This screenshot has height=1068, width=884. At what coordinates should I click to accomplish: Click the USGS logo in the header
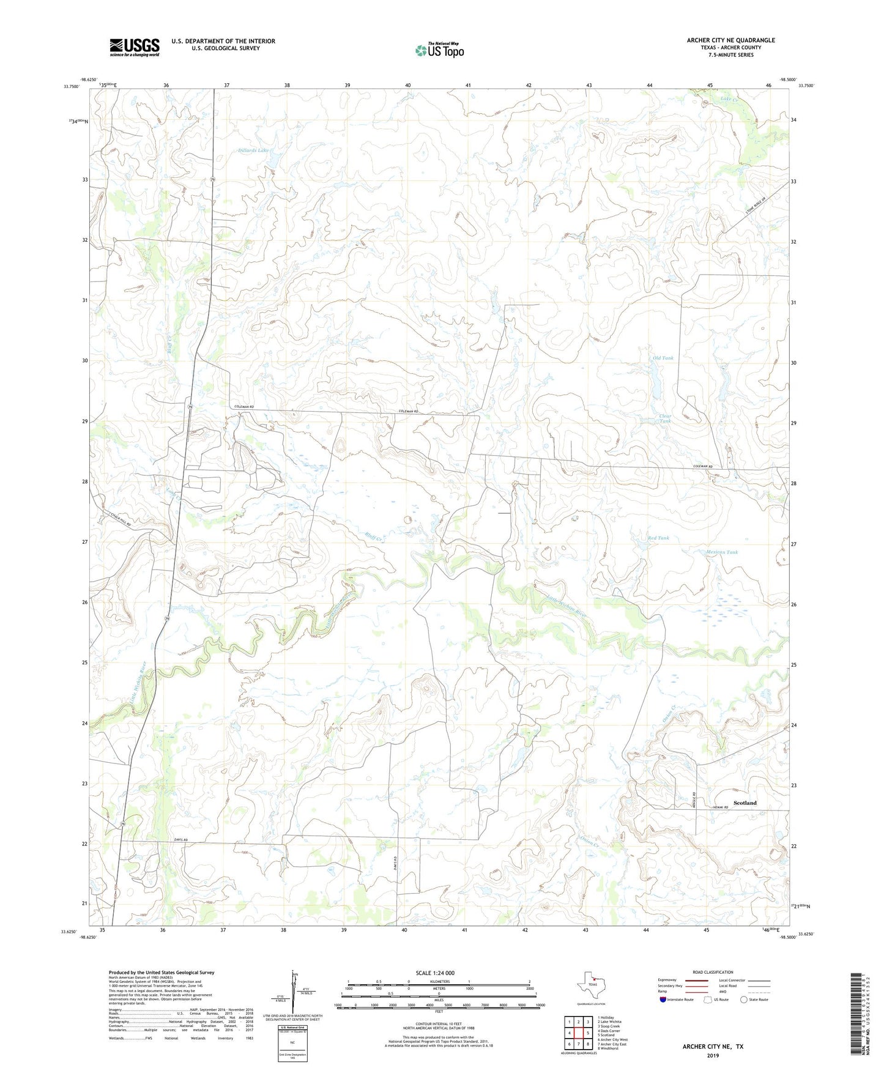pos(135,47)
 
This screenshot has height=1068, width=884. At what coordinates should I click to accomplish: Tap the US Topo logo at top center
pos(439,50)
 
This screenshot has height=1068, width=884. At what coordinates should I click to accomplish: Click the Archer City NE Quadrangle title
pos(730,40)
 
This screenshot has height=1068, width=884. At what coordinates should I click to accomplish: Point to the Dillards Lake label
pos(253,150)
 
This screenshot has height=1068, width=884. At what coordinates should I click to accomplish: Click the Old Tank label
pos(663,358)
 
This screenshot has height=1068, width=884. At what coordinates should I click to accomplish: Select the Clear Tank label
pos(665,419)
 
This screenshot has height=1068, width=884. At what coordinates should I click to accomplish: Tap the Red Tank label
pos(658,538)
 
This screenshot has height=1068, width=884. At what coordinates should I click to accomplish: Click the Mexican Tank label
pos(722,552)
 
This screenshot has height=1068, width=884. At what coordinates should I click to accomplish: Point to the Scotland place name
pos(745,803)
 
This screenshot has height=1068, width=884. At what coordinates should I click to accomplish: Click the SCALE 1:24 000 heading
pos(435,973)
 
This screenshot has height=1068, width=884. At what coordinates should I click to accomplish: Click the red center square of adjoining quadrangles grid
pos(578,1033)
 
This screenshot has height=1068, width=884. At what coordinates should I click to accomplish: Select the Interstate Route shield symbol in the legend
pos(663,999)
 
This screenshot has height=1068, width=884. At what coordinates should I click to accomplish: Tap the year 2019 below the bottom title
pos(713,1056)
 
